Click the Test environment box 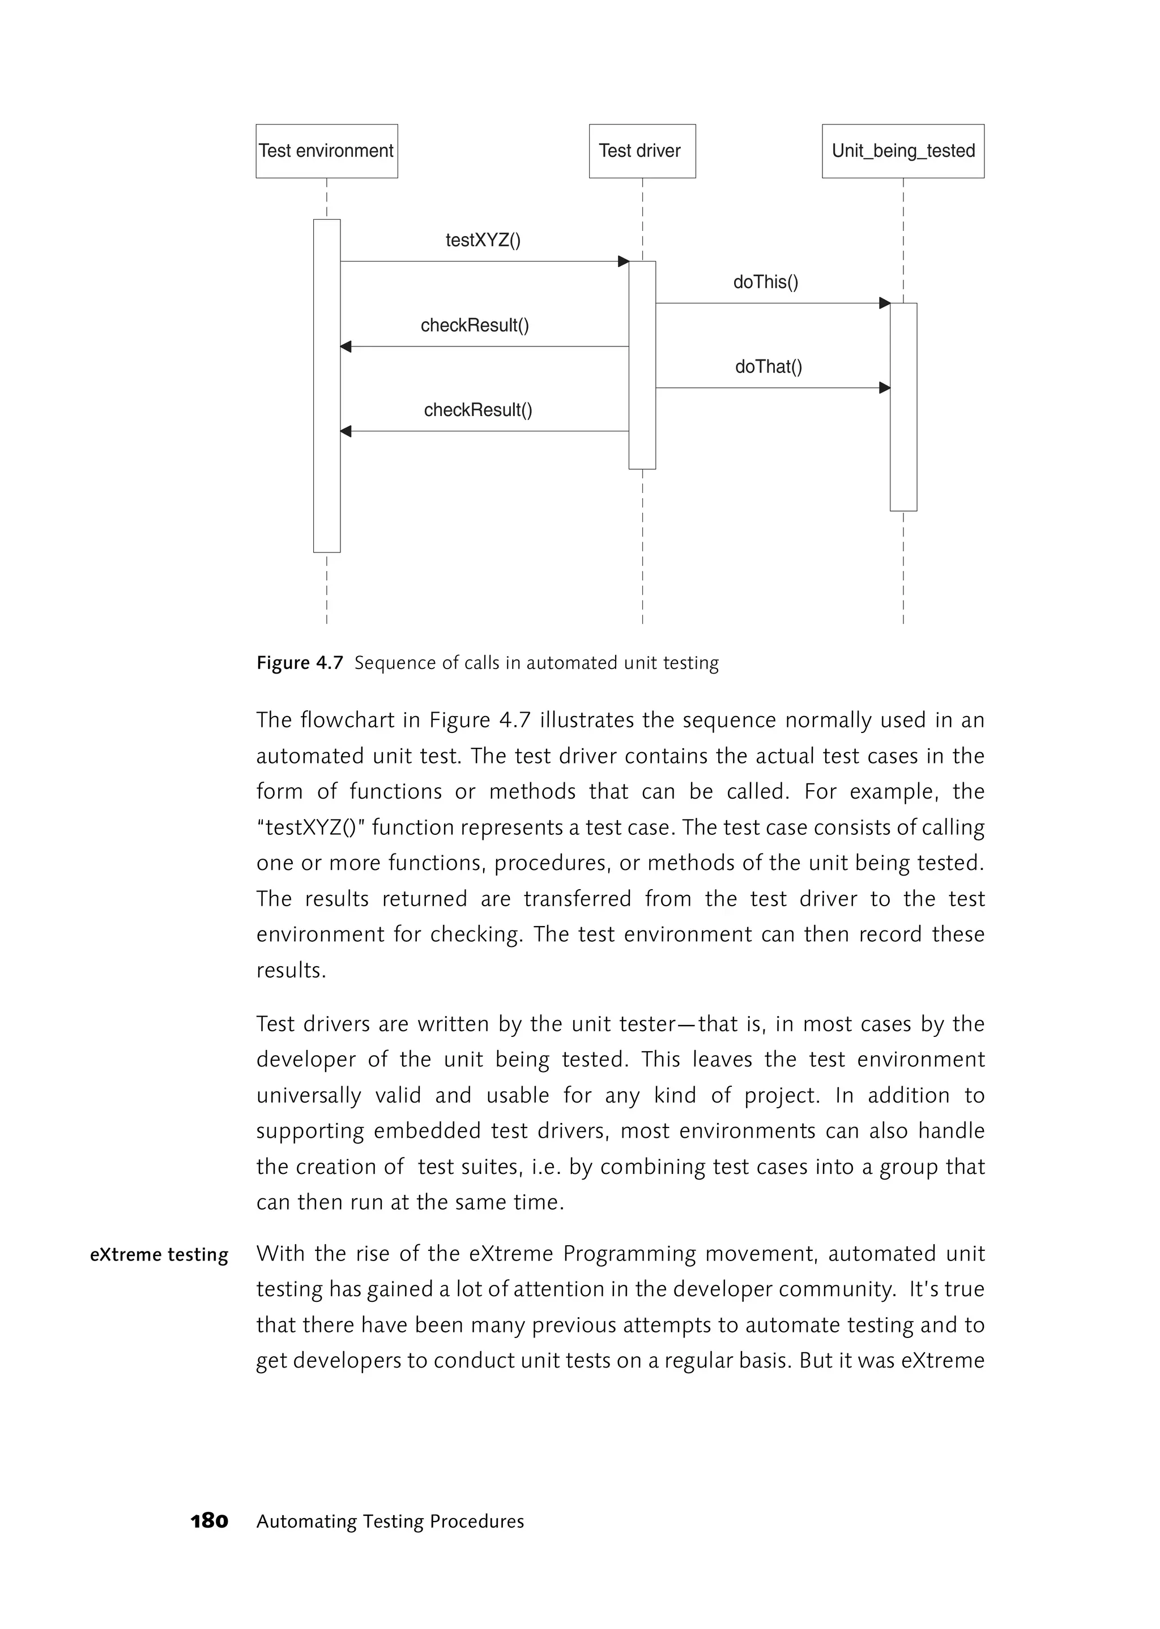[326, 151]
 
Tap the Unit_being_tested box [903, 151]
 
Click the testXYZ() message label [483, 240]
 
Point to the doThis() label [766, 282]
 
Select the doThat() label [769, 367]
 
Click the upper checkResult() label [475, 325]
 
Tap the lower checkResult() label [478, 410]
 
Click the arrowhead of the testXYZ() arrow [623, 262]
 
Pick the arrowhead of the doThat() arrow [884, 388]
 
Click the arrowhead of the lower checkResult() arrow [346, 431]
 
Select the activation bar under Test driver [642, 365]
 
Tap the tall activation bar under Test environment [326, 385]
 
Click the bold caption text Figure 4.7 [300, 663]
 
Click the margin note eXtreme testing [159, 1254]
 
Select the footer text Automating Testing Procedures [390, 1521]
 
